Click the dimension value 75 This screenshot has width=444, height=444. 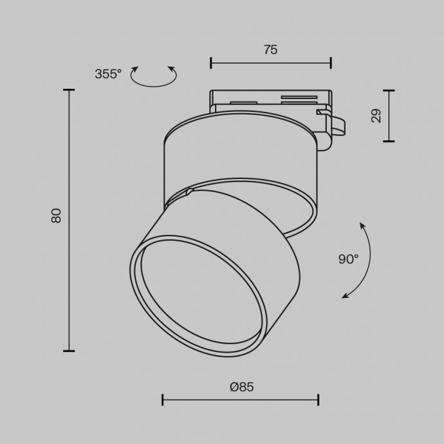pyautogui.click(x=270, y=50)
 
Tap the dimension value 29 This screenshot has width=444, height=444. pyautogui.click(x=376, y=115)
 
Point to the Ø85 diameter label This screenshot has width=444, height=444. pyautogui.click(x=241, y=387)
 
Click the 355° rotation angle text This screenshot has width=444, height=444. pyautogui.click(x=107, y=74)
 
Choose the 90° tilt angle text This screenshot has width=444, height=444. pyautogui.click(x=348, y=259)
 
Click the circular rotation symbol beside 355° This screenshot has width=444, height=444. pyautogui.click(x=153, y=77)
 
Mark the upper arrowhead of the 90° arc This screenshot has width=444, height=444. pyautogui.click(x=362, y=225)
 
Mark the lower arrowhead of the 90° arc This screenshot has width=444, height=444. pyautogui.click(x=346, y=295)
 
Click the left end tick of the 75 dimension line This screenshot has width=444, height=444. pyautogui.click(x=211, y=62)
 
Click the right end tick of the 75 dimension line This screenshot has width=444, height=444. pyautogui.click(x=331, y=62)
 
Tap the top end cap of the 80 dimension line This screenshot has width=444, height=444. pyautogui.click(x=69, y=90)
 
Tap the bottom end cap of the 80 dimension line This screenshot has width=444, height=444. pyautogui.click(x=69, y=351)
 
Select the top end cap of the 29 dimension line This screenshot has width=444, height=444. pyautogui.click(x=389, y=90)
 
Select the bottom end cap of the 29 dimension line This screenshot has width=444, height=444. pyautogui.click(x=389, y=141)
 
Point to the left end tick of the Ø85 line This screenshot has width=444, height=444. pyautogui.click(x=163, y=400)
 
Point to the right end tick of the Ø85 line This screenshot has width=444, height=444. pyautogui.click(x=319, y=400)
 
